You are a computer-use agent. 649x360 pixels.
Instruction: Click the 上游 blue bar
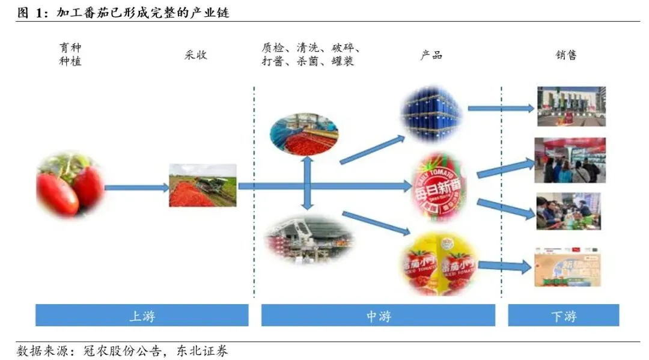pyautogui.click(x=142, y=315)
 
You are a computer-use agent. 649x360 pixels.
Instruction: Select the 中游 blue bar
pyautogui.click(x=378, y=315)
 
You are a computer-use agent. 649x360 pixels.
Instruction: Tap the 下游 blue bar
pyautogui.click(x=563, y=315)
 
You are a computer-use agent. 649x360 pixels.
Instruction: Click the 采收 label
pyautogui.click(x=196, y=55)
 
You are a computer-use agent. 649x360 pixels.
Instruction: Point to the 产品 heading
pyautogui.click(x=431, y=55)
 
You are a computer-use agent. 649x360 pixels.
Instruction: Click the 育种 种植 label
pyautogui.click(x=70, y=54)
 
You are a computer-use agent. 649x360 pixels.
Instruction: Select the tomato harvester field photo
pyautogui.click(x=203, y=185)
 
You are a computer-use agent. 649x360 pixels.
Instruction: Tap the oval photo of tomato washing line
pyautogui.click(x=303, y=133)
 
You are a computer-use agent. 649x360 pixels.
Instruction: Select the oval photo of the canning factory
pyautogui.click(x=309, y=239)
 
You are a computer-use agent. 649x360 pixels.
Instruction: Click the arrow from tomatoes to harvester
pyautogui.click(x=136, y=188)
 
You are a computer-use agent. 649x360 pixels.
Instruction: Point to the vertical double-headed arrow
pyautogui.click(x=307, y=183)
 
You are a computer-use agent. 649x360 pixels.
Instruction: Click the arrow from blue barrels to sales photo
pyautogui.click(x=501, y=109)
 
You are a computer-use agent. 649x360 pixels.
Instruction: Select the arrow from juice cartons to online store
pyautogui.click(x=505, y=265)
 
